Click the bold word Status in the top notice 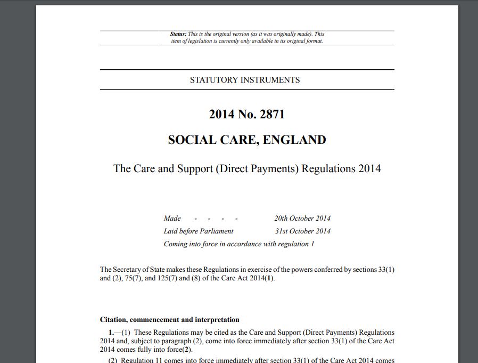click(x=178, y=34)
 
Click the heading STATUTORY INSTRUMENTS click(x=245, y=80)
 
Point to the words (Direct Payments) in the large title click(x=258, y=168)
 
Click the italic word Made click(x=172, y=219)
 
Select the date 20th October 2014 click(x=302, y=219)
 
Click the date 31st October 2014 click(x=302, y=231)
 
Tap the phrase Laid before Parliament click(x=199, y=231)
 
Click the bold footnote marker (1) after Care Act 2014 click(x=269, y=278)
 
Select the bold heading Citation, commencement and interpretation click(x=169, y=320)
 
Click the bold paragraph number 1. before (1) click(x=111, y=333)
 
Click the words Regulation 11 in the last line click(x=139, y=360)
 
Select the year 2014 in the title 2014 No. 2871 click(x=220, y=114)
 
